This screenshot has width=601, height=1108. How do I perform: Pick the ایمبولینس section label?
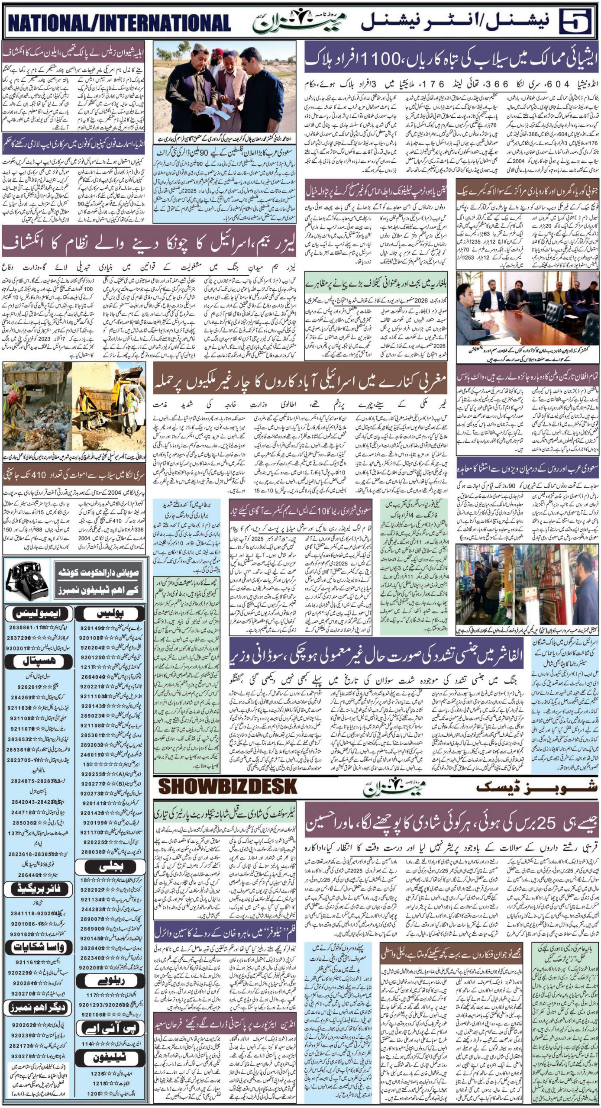click(36, 613)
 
